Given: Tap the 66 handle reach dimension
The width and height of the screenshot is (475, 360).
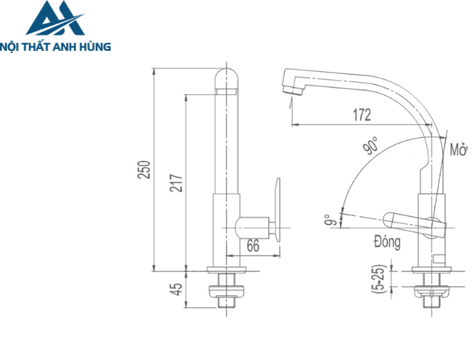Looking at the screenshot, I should click(x=252, y=246).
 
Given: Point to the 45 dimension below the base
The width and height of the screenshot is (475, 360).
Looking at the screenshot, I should click(x=176, y=289).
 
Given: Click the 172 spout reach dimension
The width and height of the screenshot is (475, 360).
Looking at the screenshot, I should click(x=361, y=115).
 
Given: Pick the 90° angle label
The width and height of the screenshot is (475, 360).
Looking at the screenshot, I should click(x=370, y=145).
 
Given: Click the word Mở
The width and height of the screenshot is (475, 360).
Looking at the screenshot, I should click(x=458, y=149).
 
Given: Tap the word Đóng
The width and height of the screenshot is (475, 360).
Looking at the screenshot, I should click(x=386, y=241).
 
